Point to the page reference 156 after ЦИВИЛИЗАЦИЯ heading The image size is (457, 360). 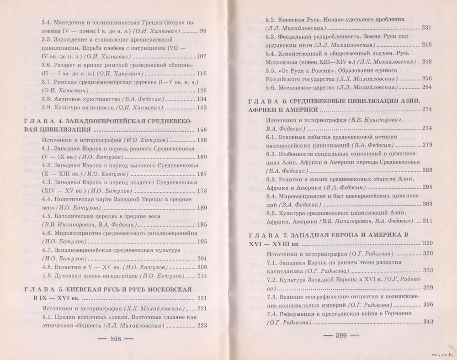(202, 129)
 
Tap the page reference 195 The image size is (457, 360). (202, 241)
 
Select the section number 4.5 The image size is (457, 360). (48, 216)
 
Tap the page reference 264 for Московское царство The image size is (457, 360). (426, 87)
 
